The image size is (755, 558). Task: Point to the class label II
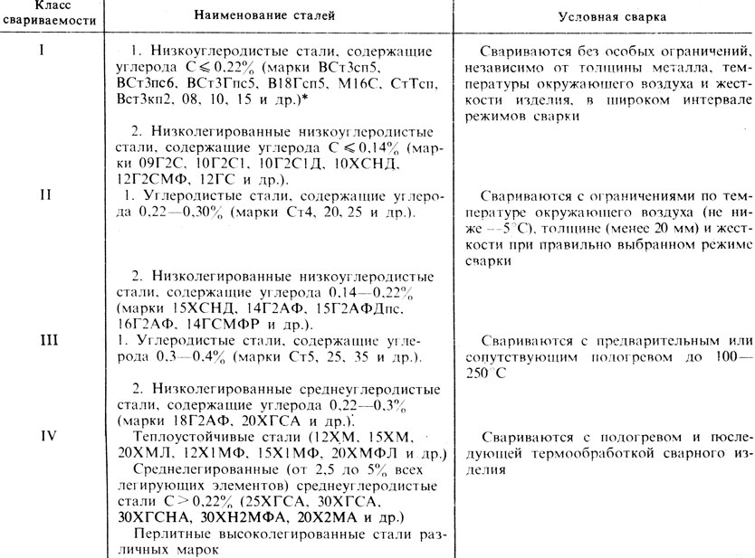[42, 193]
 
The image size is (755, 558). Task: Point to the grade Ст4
[296, 212]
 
